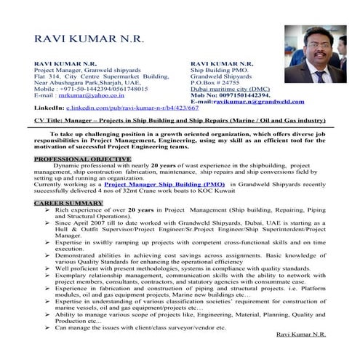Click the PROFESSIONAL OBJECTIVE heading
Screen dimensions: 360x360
tap(71, 158)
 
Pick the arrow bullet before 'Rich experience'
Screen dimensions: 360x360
tap(47, 208)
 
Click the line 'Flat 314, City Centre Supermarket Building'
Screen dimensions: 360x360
tap(102, 76)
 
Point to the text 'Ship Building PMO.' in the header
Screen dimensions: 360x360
tap(217, 70)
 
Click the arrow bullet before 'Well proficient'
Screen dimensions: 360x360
tap(47, 268)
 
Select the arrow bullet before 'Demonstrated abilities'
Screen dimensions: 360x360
tap(47, 255)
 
